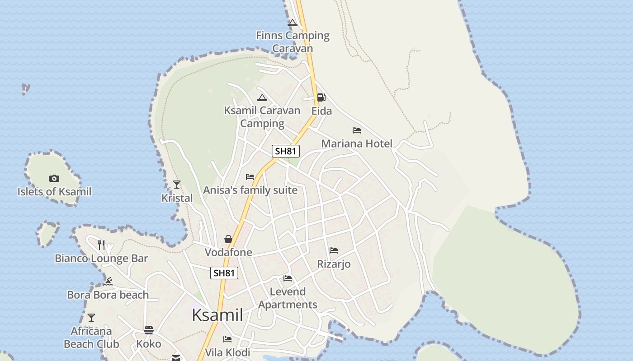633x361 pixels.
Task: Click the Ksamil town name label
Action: click(217, 315)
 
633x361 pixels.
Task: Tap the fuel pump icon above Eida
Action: click(321, 97)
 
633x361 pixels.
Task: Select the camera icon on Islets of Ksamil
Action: click(54, 178)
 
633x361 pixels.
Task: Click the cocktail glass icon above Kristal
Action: click(177, 185)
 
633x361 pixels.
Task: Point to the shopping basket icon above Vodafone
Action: click(228, 239)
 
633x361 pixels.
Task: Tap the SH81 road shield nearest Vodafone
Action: click(224, 273)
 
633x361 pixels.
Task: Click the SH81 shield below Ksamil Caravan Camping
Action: click(286, 151)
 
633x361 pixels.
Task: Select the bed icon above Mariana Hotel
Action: click(357, 130)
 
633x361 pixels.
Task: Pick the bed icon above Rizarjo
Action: click(334, 250)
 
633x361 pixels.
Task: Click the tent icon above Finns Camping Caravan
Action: click(293, 23)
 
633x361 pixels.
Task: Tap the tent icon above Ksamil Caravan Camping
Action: click(262, 97)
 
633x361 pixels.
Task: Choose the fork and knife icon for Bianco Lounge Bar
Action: click(101, 245)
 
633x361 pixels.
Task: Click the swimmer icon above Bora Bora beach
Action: click(108, 282)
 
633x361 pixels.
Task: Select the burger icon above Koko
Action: click(149, 330)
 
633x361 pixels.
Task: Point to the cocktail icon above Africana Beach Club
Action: click(91, 318)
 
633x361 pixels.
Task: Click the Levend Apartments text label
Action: click(288, 298)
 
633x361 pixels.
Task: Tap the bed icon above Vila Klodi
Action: click(227, 339)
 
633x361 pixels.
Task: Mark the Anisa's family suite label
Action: click(250, 190)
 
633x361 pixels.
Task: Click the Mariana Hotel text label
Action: click(357, 143)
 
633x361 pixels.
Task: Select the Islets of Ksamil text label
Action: click(54, 192)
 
